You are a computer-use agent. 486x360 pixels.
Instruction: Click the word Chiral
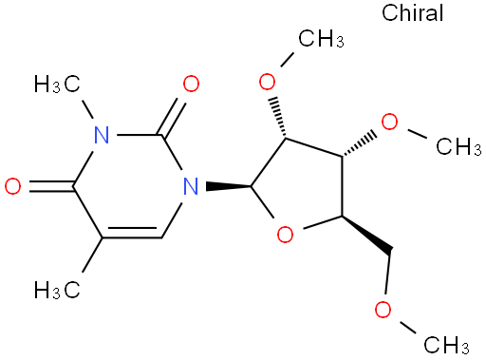(412, 13)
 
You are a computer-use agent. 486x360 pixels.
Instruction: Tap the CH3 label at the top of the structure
(321, 39)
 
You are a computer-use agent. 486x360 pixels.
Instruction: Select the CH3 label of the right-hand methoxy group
(458, 146)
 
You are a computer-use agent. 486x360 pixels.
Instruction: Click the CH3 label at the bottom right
(446, 344)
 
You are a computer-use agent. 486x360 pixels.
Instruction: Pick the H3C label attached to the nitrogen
(57, 84)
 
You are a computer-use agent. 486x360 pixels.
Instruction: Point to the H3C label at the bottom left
(57, 289)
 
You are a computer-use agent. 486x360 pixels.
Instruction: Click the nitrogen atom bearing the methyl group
(102, 135)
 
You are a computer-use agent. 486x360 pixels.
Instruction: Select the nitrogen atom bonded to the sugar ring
(191, 186)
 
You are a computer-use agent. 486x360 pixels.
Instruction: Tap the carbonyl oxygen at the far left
(13, 186)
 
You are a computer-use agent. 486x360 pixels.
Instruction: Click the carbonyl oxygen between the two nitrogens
(191, 84)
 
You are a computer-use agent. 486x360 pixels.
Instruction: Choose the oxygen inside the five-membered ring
(285, 235)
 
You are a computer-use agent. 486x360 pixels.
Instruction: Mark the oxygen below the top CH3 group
(267, 82)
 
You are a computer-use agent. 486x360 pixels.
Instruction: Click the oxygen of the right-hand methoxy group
(389, 122)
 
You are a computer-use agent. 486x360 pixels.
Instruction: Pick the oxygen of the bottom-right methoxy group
(383, 310)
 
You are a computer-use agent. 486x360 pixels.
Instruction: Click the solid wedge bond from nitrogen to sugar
(229, 186)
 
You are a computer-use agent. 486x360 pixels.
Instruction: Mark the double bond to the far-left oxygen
(51, 186)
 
